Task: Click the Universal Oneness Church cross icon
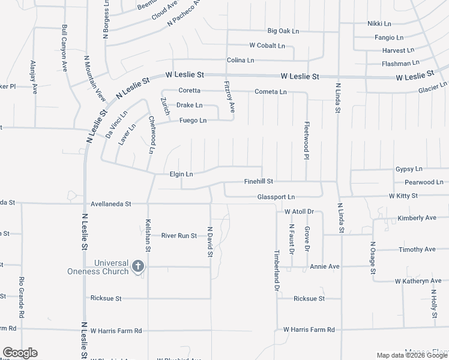tap(138, 266)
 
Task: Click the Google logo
tap(20, 353)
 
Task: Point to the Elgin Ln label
tap(181, 174)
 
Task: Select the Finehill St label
tap(259, 181)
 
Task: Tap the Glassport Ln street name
tap(276, 197)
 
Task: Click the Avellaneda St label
tap(110, 204)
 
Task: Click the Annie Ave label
tap(325, 266)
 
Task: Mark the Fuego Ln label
tap(193, 121)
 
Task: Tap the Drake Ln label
tap(189, 105)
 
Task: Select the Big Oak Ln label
tap(283, 31)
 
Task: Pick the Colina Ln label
tap(241, 61)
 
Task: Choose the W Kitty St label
tap(403, 196)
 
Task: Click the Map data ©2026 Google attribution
tap(411, 355)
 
